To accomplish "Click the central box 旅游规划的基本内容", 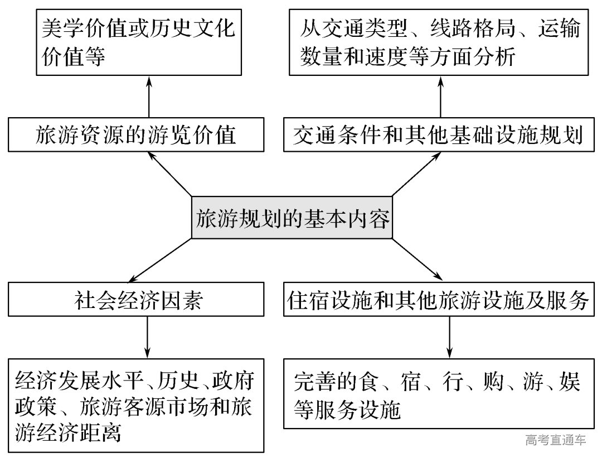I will click(x=292, y=218).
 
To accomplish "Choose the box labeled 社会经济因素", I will click(x=135, y=301).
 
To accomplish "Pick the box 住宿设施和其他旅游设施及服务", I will click(x=439, y=301).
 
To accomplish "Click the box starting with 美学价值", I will click(x=139, y=42).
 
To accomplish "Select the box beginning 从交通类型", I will click(x=439, y=42).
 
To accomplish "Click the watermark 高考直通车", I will click(x=555, y=440).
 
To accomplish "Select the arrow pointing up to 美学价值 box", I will click(x=149, y=97).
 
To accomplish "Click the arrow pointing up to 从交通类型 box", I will click(x=440, y=97).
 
